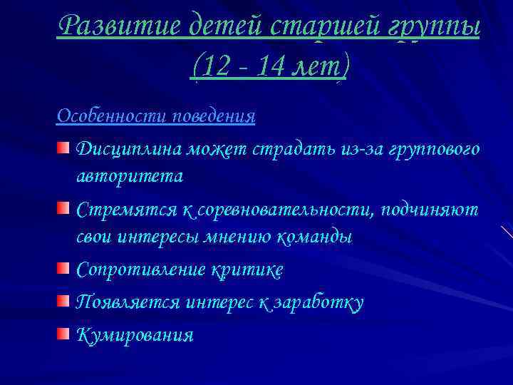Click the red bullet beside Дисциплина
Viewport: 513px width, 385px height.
64,148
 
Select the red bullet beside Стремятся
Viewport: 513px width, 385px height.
64,209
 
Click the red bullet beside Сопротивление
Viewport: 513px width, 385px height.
64,269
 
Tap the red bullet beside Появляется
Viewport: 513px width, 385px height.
64,302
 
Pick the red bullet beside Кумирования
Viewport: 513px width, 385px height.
64,334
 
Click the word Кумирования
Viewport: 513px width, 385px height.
134,335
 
